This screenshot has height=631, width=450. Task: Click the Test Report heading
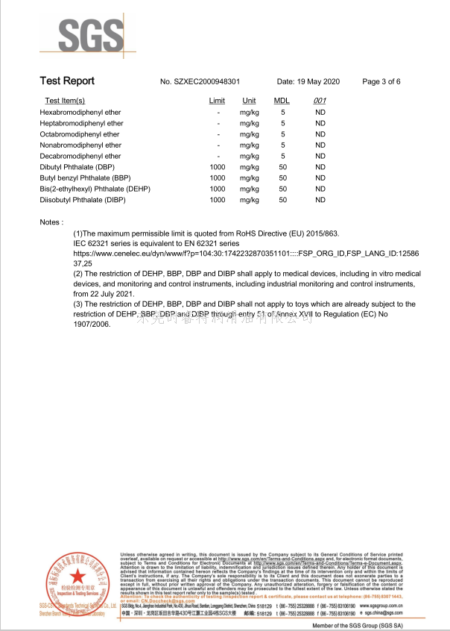click(67, 81)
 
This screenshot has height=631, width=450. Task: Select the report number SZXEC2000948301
click(200, 81)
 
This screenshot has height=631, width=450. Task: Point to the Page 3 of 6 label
click(381, 81)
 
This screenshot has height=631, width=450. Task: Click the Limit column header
click(217, 101)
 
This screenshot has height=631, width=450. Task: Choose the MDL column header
click(282, 101)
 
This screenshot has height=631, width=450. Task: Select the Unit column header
click(249, 101)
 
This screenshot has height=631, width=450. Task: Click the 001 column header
click(320, 101)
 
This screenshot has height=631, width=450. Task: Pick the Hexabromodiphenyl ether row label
click(80, 112)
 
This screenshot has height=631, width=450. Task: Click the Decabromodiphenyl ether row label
click(80, 156)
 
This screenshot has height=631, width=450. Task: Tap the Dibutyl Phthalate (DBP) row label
click(77, 167)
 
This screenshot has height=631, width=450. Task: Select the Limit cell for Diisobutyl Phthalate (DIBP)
click(217, 200)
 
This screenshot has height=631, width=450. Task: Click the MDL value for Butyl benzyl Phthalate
click(282, 178)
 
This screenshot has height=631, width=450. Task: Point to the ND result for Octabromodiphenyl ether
click(320, 134)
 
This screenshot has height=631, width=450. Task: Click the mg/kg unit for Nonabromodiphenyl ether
click(249, 145)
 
